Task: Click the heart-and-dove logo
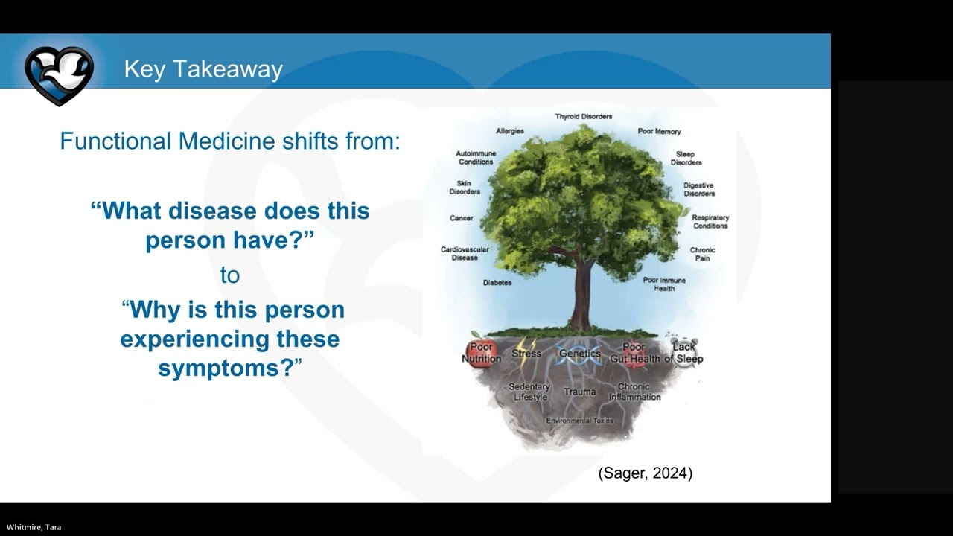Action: coord(59,74)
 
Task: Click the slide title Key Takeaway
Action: coord(203,69)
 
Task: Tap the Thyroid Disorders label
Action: coord(584,117)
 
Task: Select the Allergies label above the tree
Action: coord(510,131)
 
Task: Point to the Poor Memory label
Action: coord(659,132)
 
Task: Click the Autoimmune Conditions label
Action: coord(476,158)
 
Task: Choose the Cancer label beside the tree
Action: coord(462,219)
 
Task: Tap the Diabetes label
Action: coord(497,283)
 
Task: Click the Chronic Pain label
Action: coord(702,255)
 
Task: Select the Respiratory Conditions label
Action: coord(710,222)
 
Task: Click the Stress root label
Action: coord(526,354)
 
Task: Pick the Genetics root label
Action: coord(579,354)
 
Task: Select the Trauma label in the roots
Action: coord(579,392)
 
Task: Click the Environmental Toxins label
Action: coord(580,421)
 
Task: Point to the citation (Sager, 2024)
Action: coord(645,473)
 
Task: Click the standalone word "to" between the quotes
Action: coord(230,275)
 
